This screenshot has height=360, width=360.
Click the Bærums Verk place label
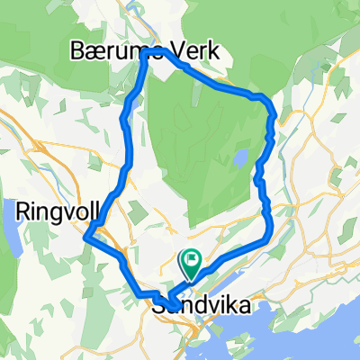145,51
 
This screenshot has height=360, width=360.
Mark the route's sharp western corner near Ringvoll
85,238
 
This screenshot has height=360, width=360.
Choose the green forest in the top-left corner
27,36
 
